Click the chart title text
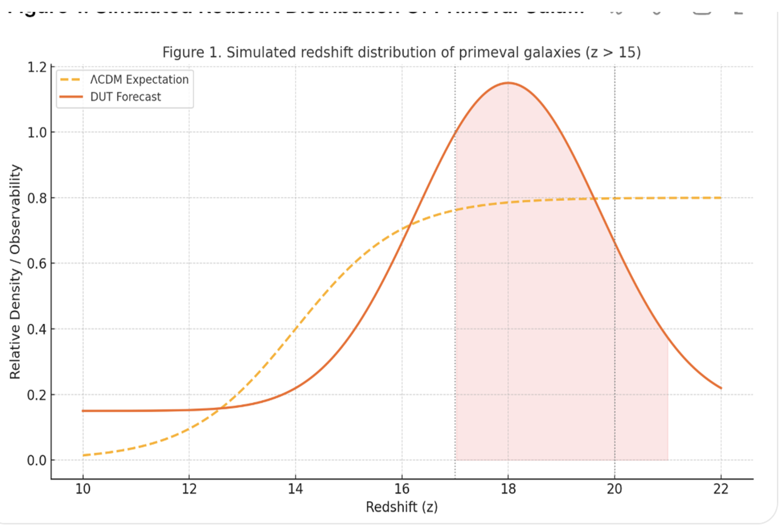pyautogui.click(x=401, y=53)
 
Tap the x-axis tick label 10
pyautogui.click(x=83, y=489)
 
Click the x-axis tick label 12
pyautogui.click(x=189, y=489)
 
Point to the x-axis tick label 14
pyautogui.click(x=296, y=489)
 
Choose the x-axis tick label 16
pyautogui.click(x=402, y=489)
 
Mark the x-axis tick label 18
pyautogui.click(x=508, y=489)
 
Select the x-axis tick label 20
pyautogui.click(x=614, y=489)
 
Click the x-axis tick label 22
pyautogui.click(x=721, y=489)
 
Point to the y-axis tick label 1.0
pyautogui.click(x=37, y=133)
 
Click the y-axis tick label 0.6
pyautogui.click(x=37, y=264)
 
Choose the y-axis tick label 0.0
pyautogui.click(x=37, y=460)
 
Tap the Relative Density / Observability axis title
pyautogui.click(x=15, y=272)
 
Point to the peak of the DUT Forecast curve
pyautogui.click(x=508, y=83)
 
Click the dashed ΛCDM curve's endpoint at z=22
pyautogui.click(x=721, y=198)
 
